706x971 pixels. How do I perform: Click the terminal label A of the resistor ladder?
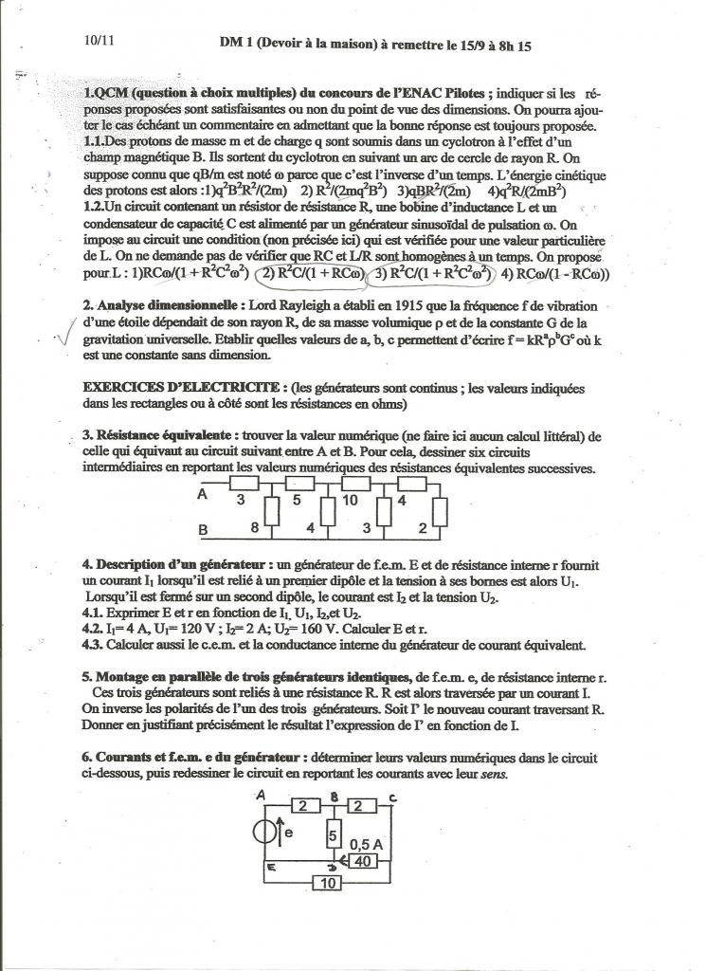point(202,495)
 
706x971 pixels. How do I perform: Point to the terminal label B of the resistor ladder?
point(202,531)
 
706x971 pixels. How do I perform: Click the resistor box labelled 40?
point(361,861)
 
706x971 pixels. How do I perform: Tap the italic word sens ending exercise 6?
point(492,774)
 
